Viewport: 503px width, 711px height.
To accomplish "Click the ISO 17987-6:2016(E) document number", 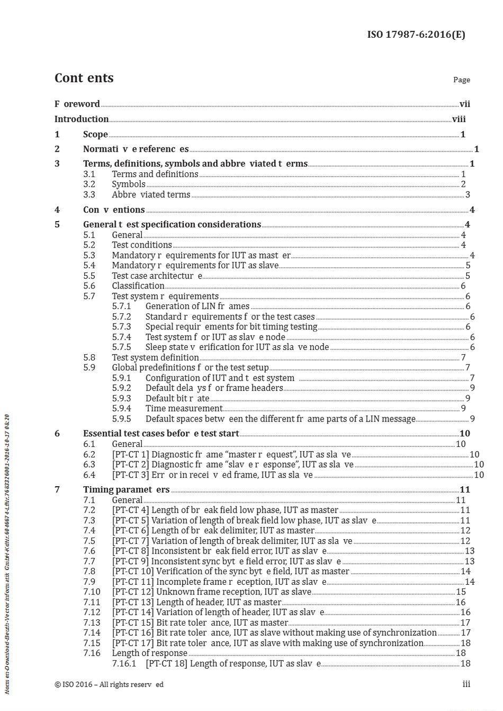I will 416,34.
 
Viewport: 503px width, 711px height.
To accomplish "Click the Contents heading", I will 84,78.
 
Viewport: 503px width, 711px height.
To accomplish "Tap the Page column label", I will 461,80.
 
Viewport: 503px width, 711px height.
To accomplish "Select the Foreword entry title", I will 77,104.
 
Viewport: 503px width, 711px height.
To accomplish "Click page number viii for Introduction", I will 459,119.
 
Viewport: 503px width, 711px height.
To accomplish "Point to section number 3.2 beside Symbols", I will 89,184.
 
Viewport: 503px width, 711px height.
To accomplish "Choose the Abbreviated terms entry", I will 151,195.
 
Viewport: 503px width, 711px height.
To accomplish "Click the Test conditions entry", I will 141,245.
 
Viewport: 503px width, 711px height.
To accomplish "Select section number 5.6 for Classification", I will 89,286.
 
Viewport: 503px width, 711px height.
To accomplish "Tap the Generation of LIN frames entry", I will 197,306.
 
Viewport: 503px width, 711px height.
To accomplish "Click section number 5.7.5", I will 121,347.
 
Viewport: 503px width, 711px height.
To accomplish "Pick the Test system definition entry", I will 155,357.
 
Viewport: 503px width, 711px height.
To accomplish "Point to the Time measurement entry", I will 184,408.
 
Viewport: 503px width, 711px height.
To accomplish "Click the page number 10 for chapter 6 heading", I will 464,434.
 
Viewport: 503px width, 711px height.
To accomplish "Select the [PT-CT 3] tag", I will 130,475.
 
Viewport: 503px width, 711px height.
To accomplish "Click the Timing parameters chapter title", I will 126,489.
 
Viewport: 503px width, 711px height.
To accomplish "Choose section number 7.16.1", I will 124,664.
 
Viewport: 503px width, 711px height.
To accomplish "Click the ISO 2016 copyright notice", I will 109,684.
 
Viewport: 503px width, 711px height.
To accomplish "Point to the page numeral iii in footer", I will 466,684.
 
